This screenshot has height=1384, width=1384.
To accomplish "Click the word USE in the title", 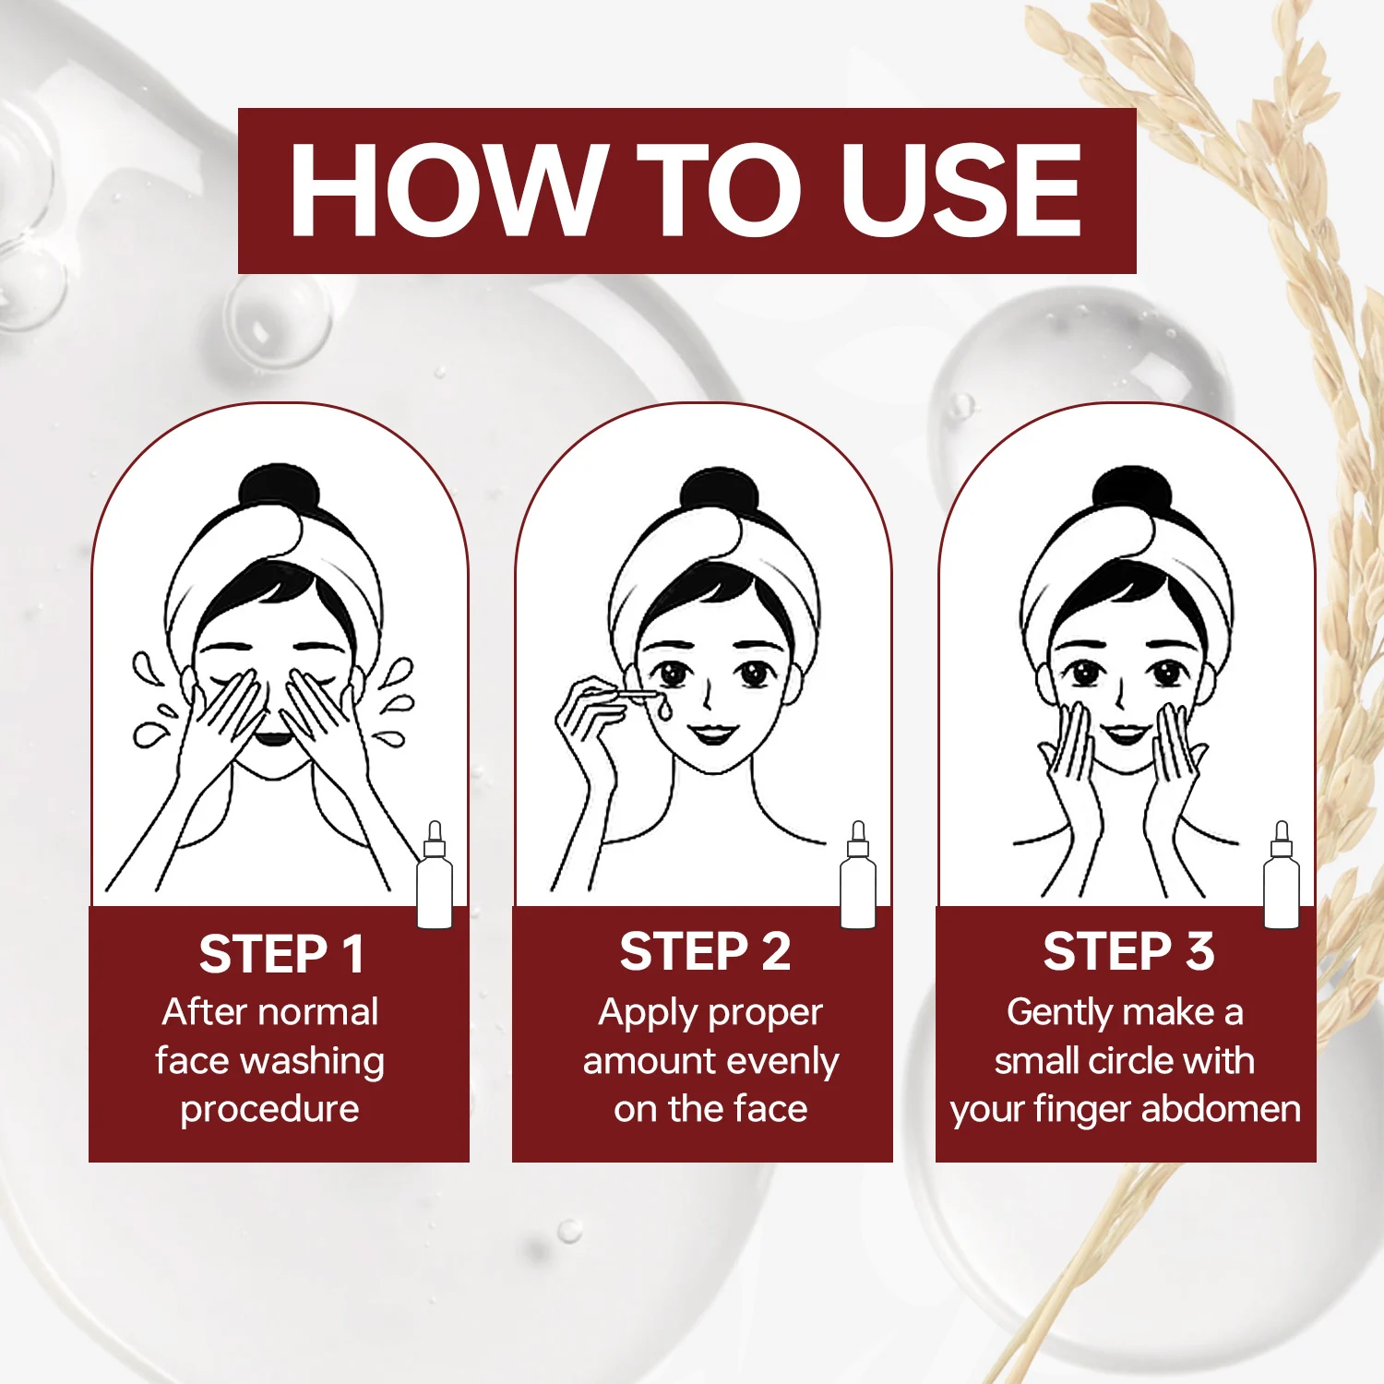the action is pyautogui.click(x=961, y=191).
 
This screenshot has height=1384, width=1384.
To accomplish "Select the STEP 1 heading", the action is pyautogui.click(x=281, y=954).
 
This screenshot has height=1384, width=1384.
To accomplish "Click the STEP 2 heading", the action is pyautogui.click(x=705, y=951).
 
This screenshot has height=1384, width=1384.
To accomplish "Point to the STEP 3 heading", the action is pyautogui.click(x=1128, y=951).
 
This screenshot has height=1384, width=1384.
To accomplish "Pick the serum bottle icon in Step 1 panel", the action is pyautogui.click(x=435, y=877).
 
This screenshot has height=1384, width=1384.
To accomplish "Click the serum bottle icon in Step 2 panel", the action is pyautogui.click(x=858, y=877).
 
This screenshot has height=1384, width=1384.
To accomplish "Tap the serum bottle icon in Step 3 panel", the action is pyautogui.click(x=1282, y=877).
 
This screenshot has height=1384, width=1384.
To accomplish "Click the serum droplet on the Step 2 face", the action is pyautogui.click(x=663, y=710).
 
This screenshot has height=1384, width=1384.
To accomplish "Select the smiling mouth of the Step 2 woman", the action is pyautogui.click(x=714, y=734).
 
